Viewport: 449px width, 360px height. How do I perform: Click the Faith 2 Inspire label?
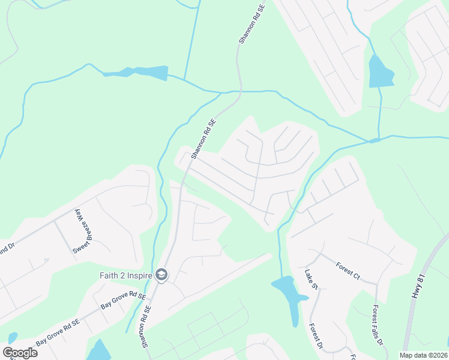[x=125, y=275]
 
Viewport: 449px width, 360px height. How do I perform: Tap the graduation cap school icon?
[x=161, y=275]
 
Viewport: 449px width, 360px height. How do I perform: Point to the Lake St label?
[x=310, y=278]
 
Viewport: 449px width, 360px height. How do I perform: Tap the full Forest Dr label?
[x=316, y=338]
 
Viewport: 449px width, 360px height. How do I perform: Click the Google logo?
[x=20, y=353]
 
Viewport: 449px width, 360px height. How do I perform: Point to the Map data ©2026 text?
[x=424, y=355]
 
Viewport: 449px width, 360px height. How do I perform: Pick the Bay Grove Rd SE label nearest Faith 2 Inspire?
[x=123, y=301]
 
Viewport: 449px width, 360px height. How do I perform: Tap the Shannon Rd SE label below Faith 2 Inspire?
[x=149, y=330]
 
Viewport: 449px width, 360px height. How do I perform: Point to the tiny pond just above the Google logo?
[x=13, y=337]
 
